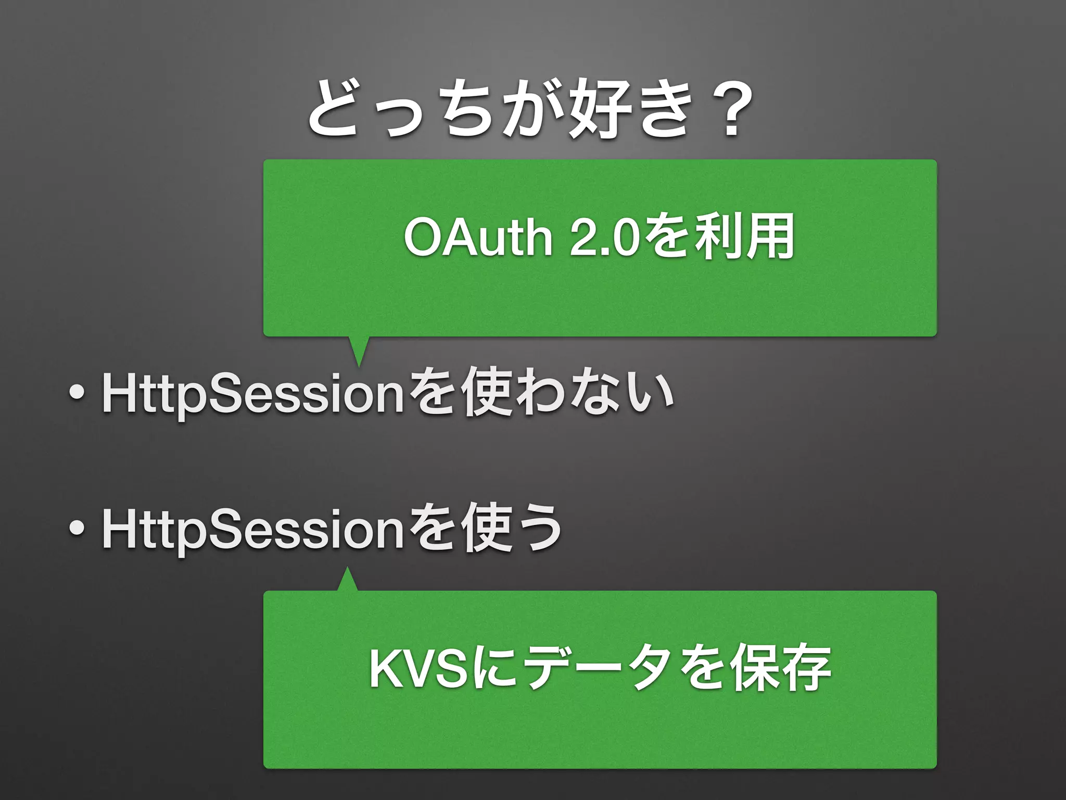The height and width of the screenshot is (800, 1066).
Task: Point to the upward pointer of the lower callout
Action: tap(347, 579)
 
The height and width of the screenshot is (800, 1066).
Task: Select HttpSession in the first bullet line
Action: tap(253, 393)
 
